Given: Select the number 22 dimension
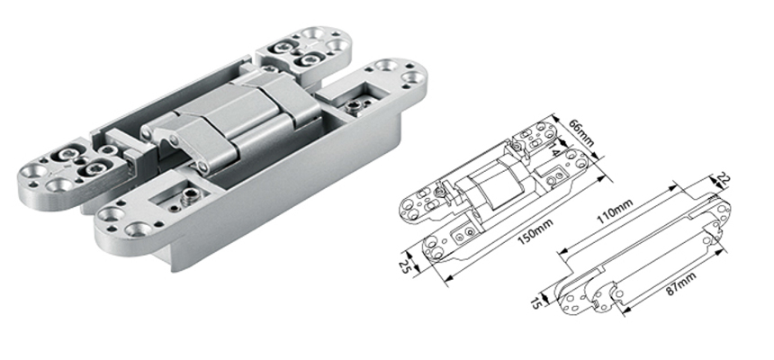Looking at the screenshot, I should click(x=725, y=181).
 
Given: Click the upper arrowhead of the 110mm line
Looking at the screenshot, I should click(x=673, y=186).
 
